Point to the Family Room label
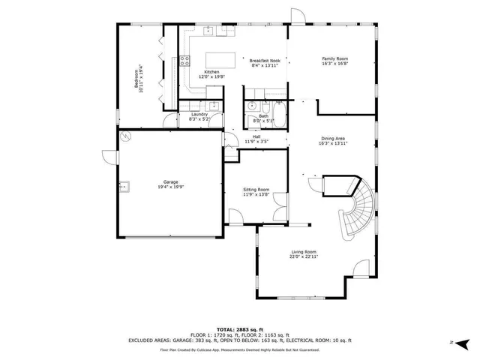tap(334, 58)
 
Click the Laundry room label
tap(198, 114)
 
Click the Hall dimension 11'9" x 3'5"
tap(256, 141)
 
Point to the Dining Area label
tap(333, 138)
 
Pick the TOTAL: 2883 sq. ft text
tap(240, 329)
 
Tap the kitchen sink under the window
tap(208, 32)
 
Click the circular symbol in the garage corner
tap(126, 136)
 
